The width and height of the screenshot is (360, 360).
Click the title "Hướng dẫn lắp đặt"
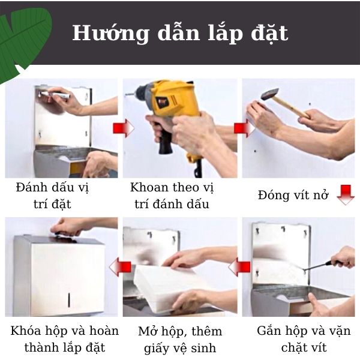click(x=180, y=33)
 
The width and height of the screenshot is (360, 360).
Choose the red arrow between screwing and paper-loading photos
click(x=242, y=265)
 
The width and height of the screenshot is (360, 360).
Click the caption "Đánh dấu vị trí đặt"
click(x=52, y=196)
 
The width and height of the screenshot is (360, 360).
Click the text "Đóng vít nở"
click(x=293, y=196)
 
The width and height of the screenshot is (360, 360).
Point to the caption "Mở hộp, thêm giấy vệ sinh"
click(x=180, y=339)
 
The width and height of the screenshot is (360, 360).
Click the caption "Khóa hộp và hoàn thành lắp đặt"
click(x=64, y=339)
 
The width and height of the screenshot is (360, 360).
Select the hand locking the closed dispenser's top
click(x=69, y=226)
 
